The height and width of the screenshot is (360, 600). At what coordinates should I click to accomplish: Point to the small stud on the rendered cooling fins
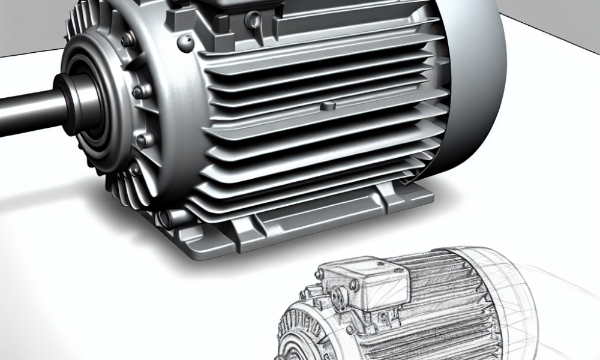pos(328,106)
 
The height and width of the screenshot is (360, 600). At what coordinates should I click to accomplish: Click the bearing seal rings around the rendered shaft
pos(90,108)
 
